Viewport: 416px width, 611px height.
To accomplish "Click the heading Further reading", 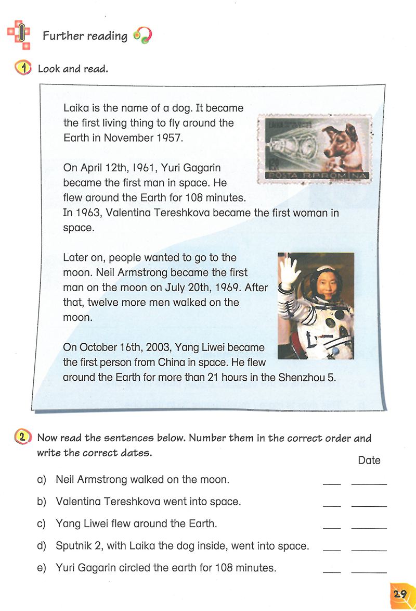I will coord(85,36).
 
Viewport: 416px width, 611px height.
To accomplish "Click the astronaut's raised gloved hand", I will coord(289,271).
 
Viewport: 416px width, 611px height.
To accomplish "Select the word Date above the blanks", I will coord(369,460).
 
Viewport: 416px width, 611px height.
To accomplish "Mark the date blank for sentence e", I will coord(369,571).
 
